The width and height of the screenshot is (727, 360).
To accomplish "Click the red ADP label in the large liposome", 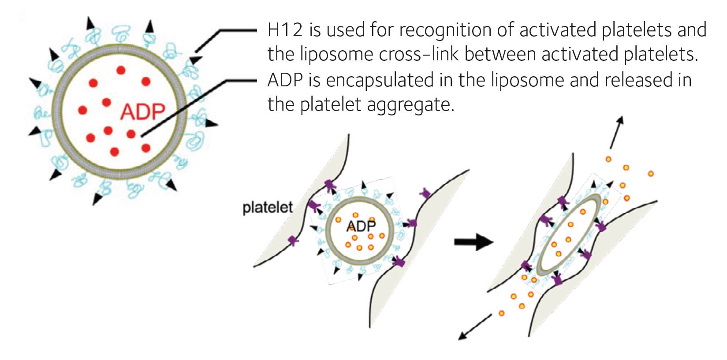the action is pyautogui.click(x=142, y=112).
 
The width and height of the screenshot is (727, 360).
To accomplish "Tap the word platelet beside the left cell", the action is pyautogui.click(x=268, y=208).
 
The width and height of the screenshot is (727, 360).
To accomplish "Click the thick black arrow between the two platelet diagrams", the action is pyautogui.click(x=473, y=242).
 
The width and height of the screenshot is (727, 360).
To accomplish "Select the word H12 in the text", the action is pyautogui.click(x=285, y=30).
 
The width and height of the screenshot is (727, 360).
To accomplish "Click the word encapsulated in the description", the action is pyautogui.click(x=380, y=81).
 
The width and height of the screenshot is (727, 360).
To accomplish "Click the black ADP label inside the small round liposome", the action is pyautogui.click(x=361, y=226).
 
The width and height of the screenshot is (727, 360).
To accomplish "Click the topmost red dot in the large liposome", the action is pyautogui.click(x=121, y=70).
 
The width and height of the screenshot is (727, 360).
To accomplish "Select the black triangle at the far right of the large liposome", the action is pyautogui.click(x=212, y=123).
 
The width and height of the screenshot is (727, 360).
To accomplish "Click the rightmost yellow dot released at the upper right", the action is pyautogui.click(x=651, y=174).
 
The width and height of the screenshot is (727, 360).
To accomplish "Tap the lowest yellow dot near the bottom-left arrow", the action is pyautogui.click(x=501, y=313).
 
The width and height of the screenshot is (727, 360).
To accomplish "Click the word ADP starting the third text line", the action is pyautogui.click(x=285, y=80).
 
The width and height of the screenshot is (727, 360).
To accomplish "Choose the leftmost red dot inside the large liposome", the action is pyautogui.click(x=83, y=110).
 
